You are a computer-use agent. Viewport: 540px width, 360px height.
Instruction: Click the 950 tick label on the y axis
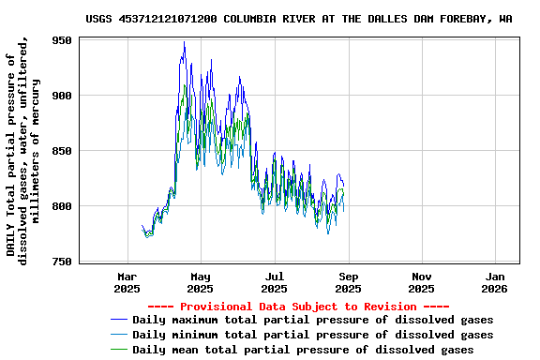click(62, 41)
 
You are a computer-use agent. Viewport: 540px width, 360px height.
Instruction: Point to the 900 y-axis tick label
click(62, 96)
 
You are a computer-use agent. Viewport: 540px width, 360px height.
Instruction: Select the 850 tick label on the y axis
click(62, 151)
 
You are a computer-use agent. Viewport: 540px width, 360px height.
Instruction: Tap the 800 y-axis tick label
click(62, 206)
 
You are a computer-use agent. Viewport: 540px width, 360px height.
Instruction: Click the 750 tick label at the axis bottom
click(62, 262)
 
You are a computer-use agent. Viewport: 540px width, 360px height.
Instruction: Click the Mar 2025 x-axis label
click(127, 282)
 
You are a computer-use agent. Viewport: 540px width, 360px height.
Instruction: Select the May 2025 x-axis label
click(201, 282)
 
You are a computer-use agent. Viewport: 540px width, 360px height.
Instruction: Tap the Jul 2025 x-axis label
click(275, 282)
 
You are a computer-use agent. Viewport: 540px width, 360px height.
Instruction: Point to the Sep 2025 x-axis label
click(349, 282)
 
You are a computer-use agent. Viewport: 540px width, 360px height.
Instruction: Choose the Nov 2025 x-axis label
click(422, 282)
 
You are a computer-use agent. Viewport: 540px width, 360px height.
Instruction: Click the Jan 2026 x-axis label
click(496, 282)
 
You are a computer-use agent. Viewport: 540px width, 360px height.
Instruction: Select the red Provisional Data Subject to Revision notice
click(298, 307)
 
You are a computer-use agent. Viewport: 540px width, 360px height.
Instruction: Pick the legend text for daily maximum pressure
click(312, 320)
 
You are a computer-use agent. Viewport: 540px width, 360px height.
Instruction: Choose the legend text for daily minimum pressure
click(312, 335)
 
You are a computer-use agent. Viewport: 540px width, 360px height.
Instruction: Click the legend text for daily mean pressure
click(302, 350)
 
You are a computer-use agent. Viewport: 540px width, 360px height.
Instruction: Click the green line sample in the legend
click(119, 350)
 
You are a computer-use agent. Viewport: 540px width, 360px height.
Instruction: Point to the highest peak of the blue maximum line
click(184, 42)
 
